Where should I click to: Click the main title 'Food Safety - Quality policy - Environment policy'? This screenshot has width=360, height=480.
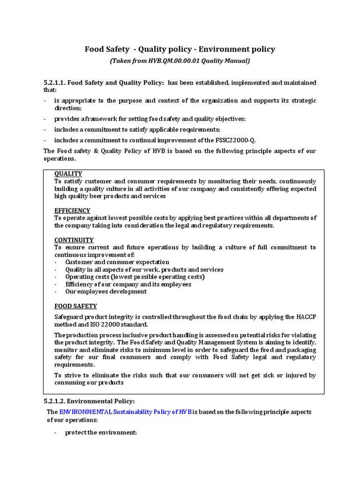[180, 49]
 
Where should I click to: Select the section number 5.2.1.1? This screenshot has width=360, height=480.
[56, 83]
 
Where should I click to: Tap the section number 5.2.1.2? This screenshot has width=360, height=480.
[56, 401]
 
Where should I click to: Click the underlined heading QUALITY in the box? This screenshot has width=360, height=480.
[68, 174]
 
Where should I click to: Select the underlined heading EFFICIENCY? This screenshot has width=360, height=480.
[72, 210]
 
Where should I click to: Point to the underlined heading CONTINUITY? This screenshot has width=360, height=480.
[74, 240]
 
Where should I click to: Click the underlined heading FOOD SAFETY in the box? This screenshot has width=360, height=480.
[75, 306]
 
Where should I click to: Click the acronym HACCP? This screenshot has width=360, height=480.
[305, 317]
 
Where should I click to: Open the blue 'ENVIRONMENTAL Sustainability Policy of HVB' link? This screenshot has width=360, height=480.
[125, 412]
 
